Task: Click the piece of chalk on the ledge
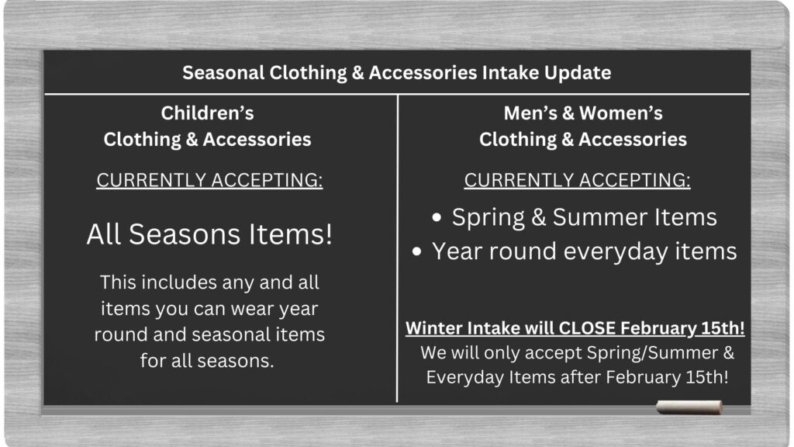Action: click(689, 407)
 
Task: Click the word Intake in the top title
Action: click(510, 72)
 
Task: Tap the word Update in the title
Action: click(578, 73)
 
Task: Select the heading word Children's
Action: click(208, 113)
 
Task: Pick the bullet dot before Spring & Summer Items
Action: click(437, 218)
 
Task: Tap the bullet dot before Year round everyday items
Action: click(416, 252)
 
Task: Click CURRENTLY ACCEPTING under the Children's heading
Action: click(209, 180)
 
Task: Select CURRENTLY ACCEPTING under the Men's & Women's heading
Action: click(577, 180)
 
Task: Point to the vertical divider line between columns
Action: click(398, 248)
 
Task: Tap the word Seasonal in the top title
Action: click(223, 72)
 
